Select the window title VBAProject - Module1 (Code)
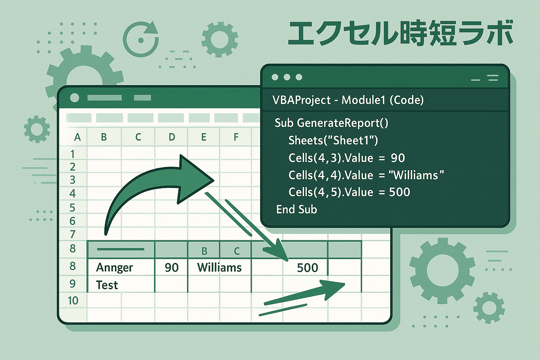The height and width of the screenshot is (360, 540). point(348,100)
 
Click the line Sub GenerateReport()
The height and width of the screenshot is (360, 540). point(332,123)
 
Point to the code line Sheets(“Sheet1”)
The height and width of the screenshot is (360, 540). point(333,140)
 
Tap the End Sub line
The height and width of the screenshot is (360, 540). point(296,209)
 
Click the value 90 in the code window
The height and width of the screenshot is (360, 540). point(398,158)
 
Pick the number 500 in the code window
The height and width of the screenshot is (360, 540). point(399,192)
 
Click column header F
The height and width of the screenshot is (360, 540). point(236,137)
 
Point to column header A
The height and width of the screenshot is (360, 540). point(77,137)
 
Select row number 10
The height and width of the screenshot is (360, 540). point(73,301)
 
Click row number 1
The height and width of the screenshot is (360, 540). point(72,154)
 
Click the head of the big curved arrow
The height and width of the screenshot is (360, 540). point(195,179)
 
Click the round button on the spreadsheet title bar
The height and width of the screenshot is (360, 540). point(75,98)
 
